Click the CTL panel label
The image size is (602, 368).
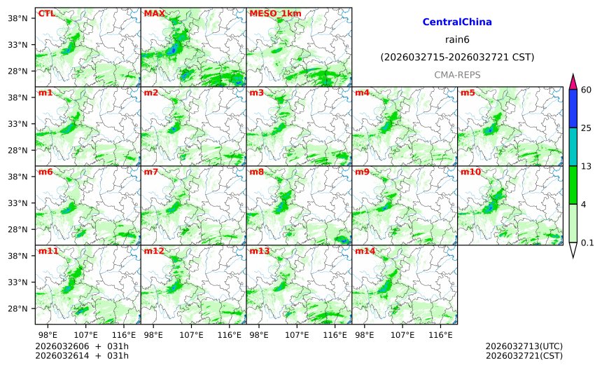[45, 13]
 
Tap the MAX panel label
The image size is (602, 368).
[154, 13]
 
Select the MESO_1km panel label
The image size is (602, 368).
[275, 13]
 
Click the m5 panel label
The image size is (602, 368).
[467, 93]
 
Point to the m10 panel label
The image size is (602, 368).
[470, 172]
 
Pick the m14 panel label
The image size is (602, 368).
[364, 251]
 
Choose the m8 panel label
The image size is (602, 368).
[256, 172]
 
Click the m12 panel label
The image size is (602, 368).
[154, 251]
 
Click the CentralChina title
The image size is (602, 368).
[457, 22]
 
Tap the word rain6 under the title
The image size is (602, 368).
[457, 39]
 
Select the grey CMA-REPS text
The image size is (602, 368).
[457, 74]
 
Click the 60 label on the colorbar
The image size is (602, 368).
[587, 90]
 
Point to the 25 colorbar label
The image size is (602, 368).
[587, 128]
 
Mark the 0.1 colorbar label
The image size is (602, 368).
[587, 243]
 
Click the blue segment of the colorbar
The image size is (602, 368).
[573, 109]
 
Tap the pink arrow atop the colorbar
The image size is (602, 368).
[573, 81]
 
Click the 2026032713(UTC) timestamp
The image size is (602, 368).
[524, 346]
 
